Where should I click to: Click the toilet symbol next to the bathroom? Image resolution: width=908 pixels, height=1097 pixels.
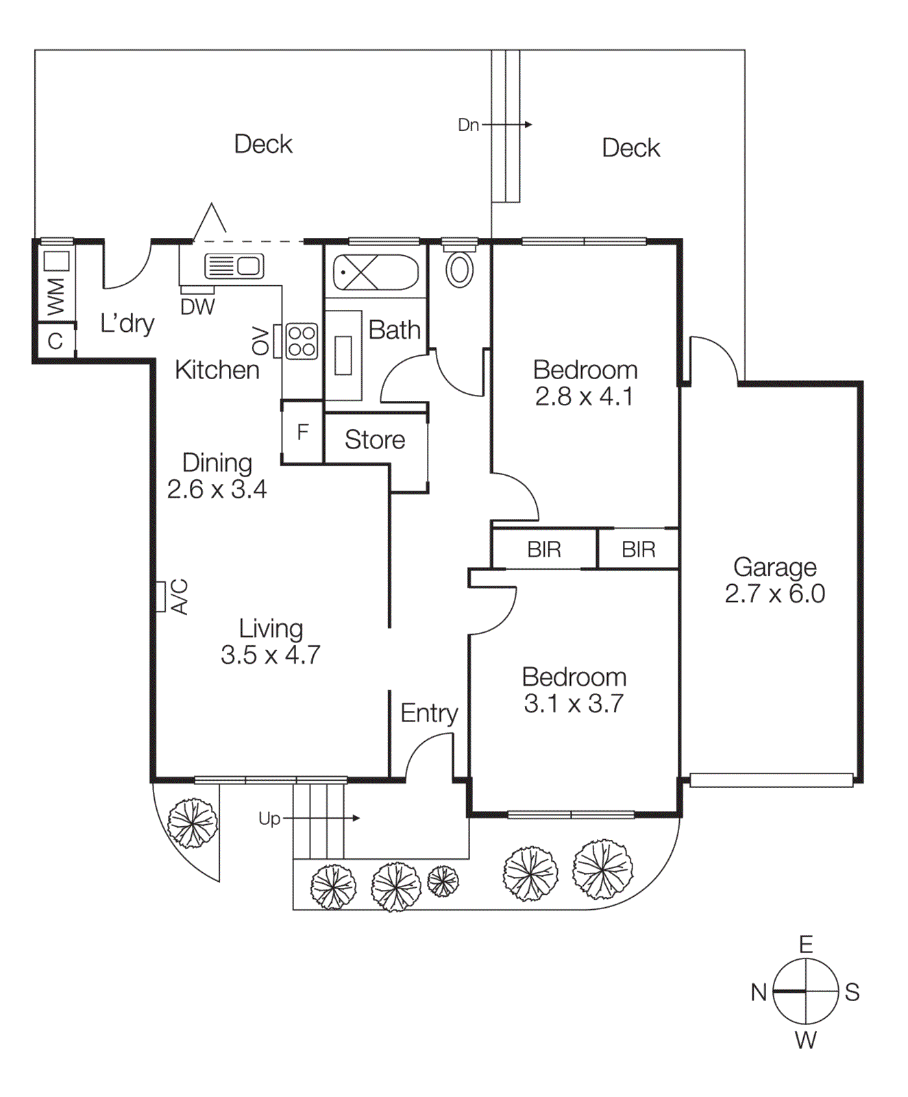(459, 269)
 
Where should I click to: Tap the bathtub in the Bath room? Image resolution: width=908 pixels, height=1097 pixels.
(375, 273)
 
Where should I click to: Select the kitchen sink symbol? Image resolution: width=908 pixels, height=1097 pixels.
(234, 265)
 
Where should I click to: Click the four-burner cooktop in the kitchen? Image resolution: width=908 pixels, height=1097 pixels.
(302, 341)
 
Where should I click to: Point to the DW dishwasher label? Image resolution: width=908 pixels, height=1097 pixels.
(197, 307)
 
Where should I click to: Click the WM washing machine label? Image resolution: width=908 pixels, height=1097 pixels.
(56, 296)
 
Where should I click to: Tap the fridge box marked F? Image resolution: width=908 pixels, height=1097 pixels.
(302, 432)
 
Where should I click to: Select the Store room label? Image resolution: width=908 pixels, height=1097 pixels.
(374, 439)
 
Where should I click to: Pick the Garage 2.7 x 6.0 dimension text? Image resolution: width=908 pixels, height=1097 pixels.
(774, 593)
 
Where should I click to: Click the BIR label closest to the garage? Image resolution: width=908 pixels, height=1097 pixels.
(638, 549)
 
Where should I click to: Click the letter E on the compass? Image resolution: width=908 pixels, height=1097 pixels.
(806, 945)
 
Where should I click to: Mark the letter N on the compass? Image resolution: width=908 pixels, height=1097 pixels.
(758, 992)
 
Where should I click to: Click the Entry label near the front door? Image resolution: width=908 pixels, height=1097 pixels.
(429, 713)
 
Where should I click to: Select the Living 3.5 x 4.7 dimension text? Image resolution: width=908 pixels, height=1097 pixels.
(270, 655)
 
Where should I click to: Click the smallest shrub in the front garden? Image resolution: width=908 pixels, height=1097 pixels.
(443, 881)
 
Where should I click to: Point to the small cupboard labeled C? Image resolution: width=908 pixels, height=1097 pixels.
(55, 341)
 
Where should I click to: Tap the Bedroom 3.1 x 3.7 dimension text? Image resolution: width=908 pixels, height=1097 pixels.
(574, 703)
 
